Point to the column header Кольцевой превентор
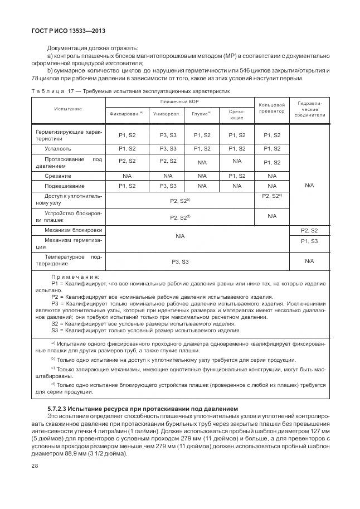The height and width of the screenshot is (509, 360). click(x=271, y=108)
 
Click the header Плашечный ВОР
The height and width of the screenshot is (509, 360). click(x=179, y=101)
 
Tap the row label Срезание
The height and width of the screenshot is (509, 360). click(x=57, y=176)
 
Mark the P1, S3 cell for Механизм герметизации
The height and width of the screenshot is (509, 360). click(x=309, y=241)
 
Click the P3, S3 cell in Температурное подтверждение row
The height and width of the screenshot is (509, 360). click(x=179, y=261)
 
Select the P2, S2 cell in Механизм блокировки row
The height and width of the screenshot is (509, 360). click(x=309, y=230)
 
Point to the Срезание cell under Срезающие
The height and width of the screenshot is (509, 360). click(x=237, y=176)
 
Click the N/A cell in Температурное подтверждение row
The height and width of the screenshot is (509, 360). click(x=309, y=261)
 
